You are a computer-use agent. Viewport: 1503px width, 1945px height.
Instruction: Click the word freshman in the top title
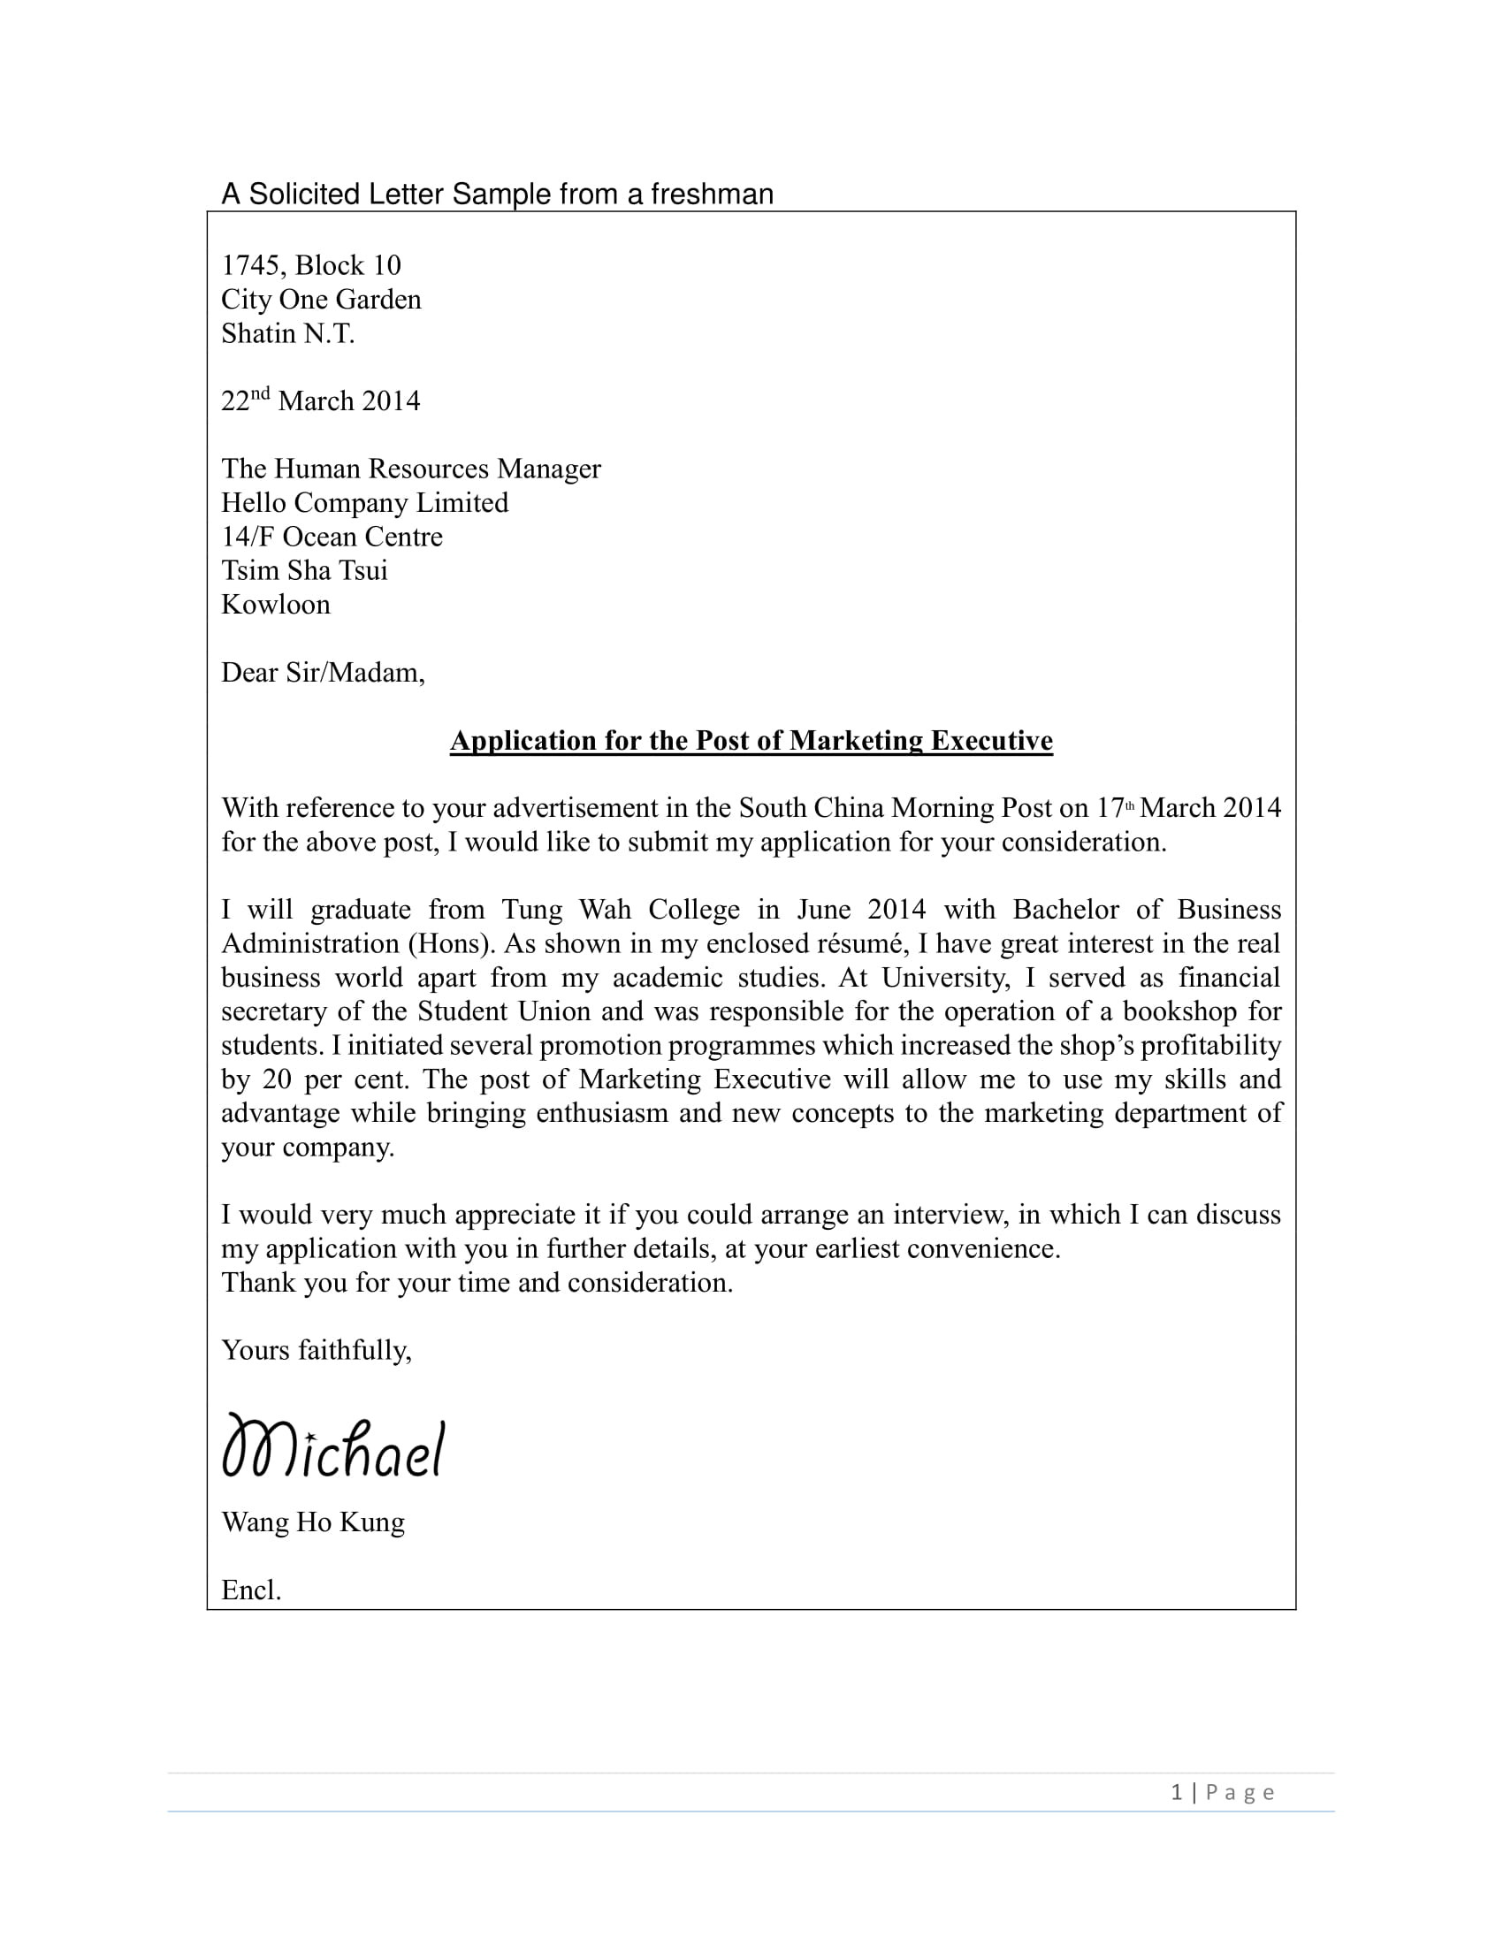(712, 194)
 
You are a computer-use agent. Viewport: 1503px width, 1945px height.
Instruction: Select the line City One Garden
(321, 299)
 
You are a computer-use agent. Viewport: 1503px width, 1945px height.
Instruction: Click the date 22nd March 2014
(321, 400)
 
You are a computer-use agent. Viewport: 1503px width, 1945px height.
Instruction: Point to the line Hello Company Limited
(364, 503)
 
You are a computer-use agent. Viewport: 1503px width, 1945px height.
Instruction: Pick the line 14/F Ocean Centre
(332, 537)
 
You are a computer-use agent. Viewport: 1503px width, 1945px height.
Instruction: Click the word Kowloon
(275, 605)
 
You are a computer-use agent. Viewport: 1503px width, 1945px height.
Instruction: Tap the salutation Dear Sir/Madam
(323, 673)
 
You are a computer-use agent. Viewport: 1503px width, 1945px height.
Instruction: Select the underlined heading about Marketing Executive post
(751, 741)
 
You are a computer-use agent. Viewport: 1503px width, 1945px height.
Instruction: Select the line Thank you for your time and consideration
(477, 1283)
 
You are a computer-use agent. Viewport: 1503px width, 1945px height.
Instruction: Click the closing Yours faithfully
(317, 1351)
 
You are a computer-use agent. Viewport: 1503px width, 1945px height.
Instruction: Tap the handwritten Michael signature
(333, 1448)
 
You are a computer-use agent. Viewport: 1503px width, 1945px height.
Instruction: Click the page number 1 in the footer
(1177, 1793)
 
